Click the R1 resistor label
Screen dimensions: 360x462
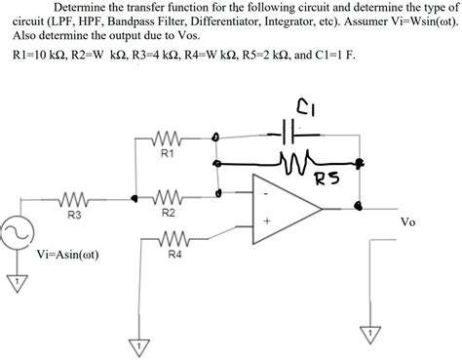point(167,153)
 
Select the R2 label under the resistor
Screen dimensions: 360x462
point(168,212)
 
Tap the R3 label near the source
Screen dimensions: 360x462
point(74,216)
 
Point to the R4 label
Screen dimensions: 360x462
point(173,254)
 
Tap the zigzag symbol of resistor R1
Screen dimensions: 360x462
point(167,137)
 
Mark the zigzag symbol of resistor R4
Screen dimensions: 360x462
point(173,237)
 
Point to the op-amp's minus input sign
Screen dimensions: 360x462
point(264,193)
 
